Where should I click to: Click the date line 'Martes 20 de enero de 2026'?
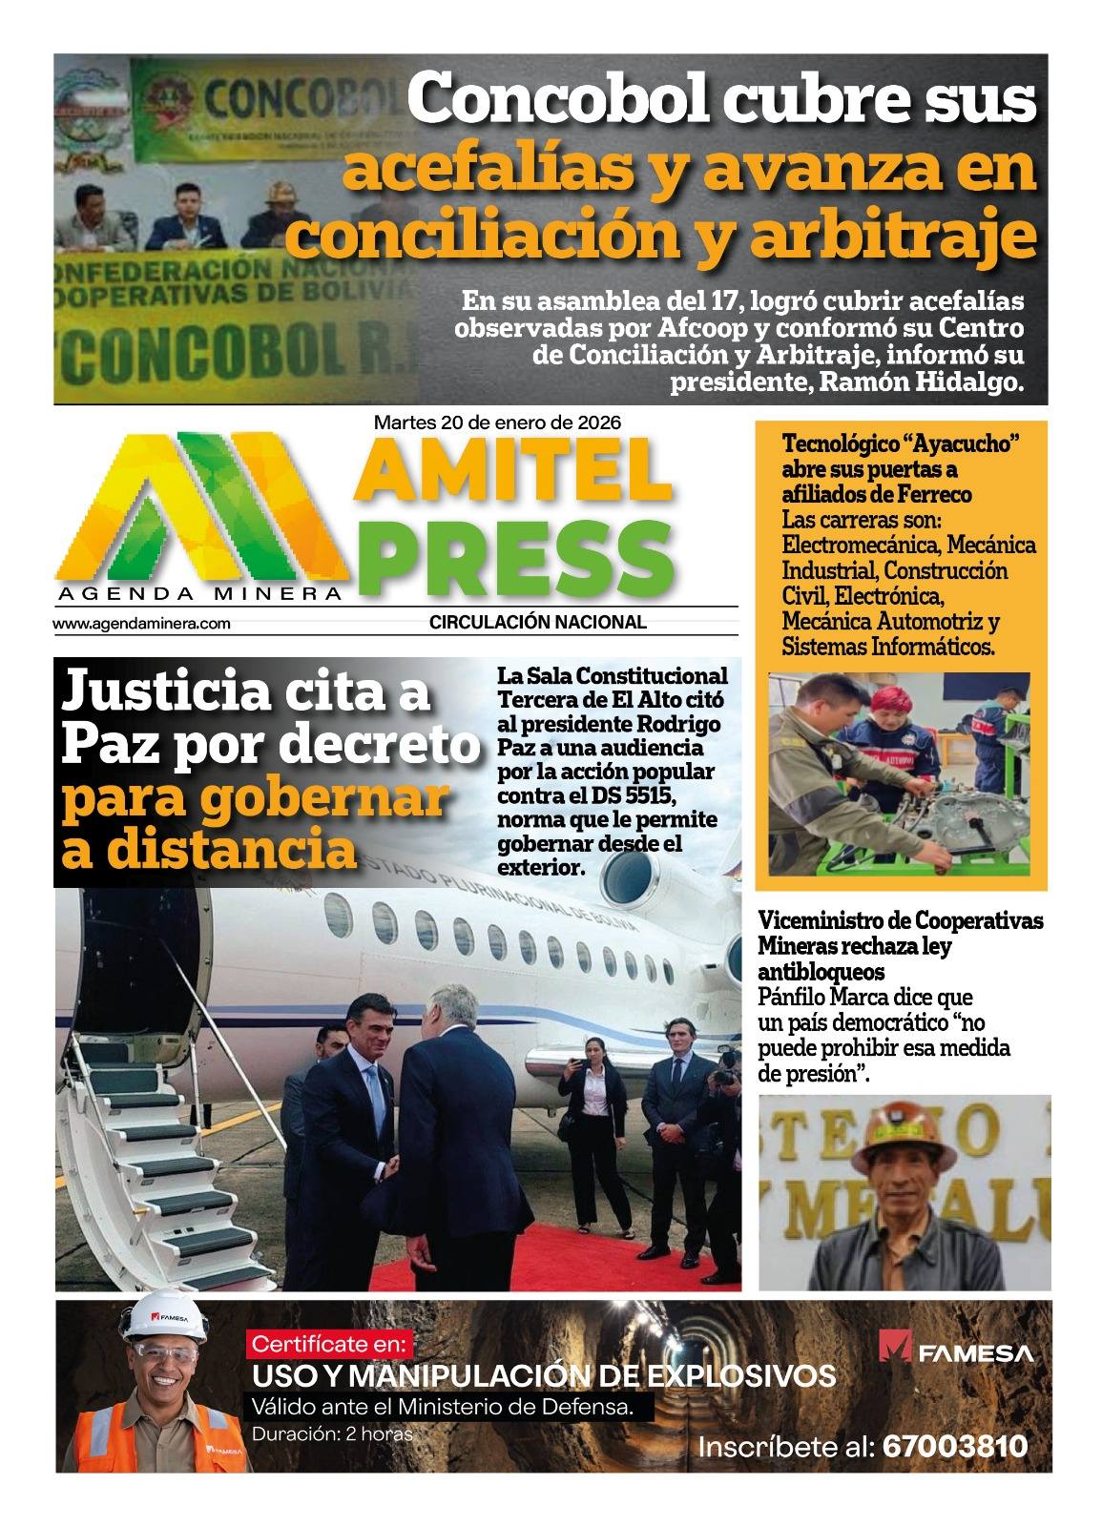coord(497,421)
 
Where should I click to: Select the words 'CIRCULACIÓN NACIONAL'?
coord(537,623)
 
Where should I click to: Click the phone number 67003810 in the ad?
coord(955,1447)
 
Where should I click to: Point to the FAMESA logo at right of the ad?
coord(955,1352)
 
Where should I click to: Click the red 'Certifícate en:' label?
coord(328,1346)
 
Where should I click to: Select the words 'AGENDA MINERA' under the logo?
coord(199,594)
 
